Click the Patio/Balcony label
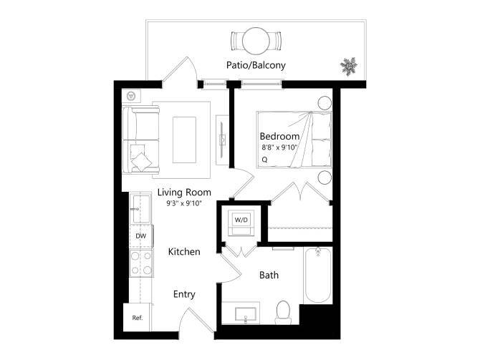tap(256, 65)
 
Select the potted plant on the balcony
tap(349, 67)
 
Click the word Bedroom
tap(279, 136)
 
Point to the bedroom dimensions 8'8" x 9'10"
tap(279, 148)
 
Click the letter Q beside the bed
tap(264, 160)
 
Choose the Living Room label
tap(184, 192)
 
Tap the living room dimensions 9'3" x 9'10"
tap(184, 203)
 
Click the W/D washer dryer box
tap(241, 220)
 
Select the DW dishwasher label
tap(140, 235)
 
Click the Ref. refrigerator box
tap(138, 318)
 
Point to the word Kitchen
tap(184, 252)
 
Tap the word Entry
tap(184, 294)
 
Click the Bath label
tap(269, 275)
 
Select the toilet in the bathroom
tap(283, 310)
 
